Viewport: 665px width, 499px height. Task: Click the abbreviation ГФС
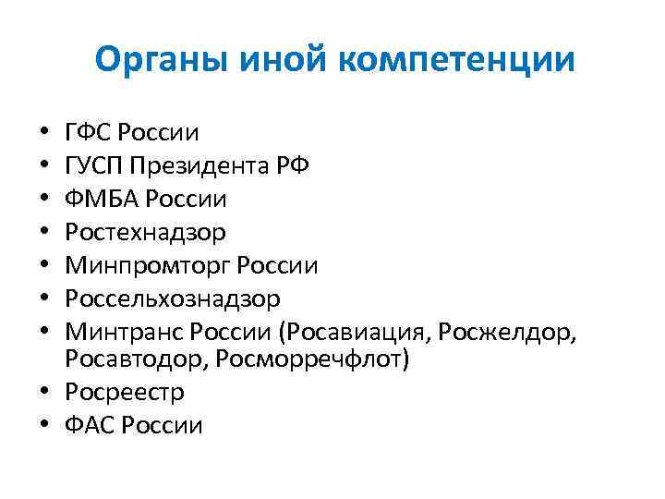(88, 132)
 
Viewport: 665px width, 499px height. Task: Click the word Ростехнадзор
(145, 232)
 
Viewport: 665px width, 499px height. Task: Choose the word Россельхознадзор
(173, 299)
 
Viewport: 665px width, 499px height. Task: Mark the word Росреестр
(125, 393)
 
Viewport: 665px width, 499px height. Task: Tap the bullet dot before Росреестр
(45, 393)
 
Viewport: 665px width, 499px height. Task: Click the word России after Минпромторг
(278, 266)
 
